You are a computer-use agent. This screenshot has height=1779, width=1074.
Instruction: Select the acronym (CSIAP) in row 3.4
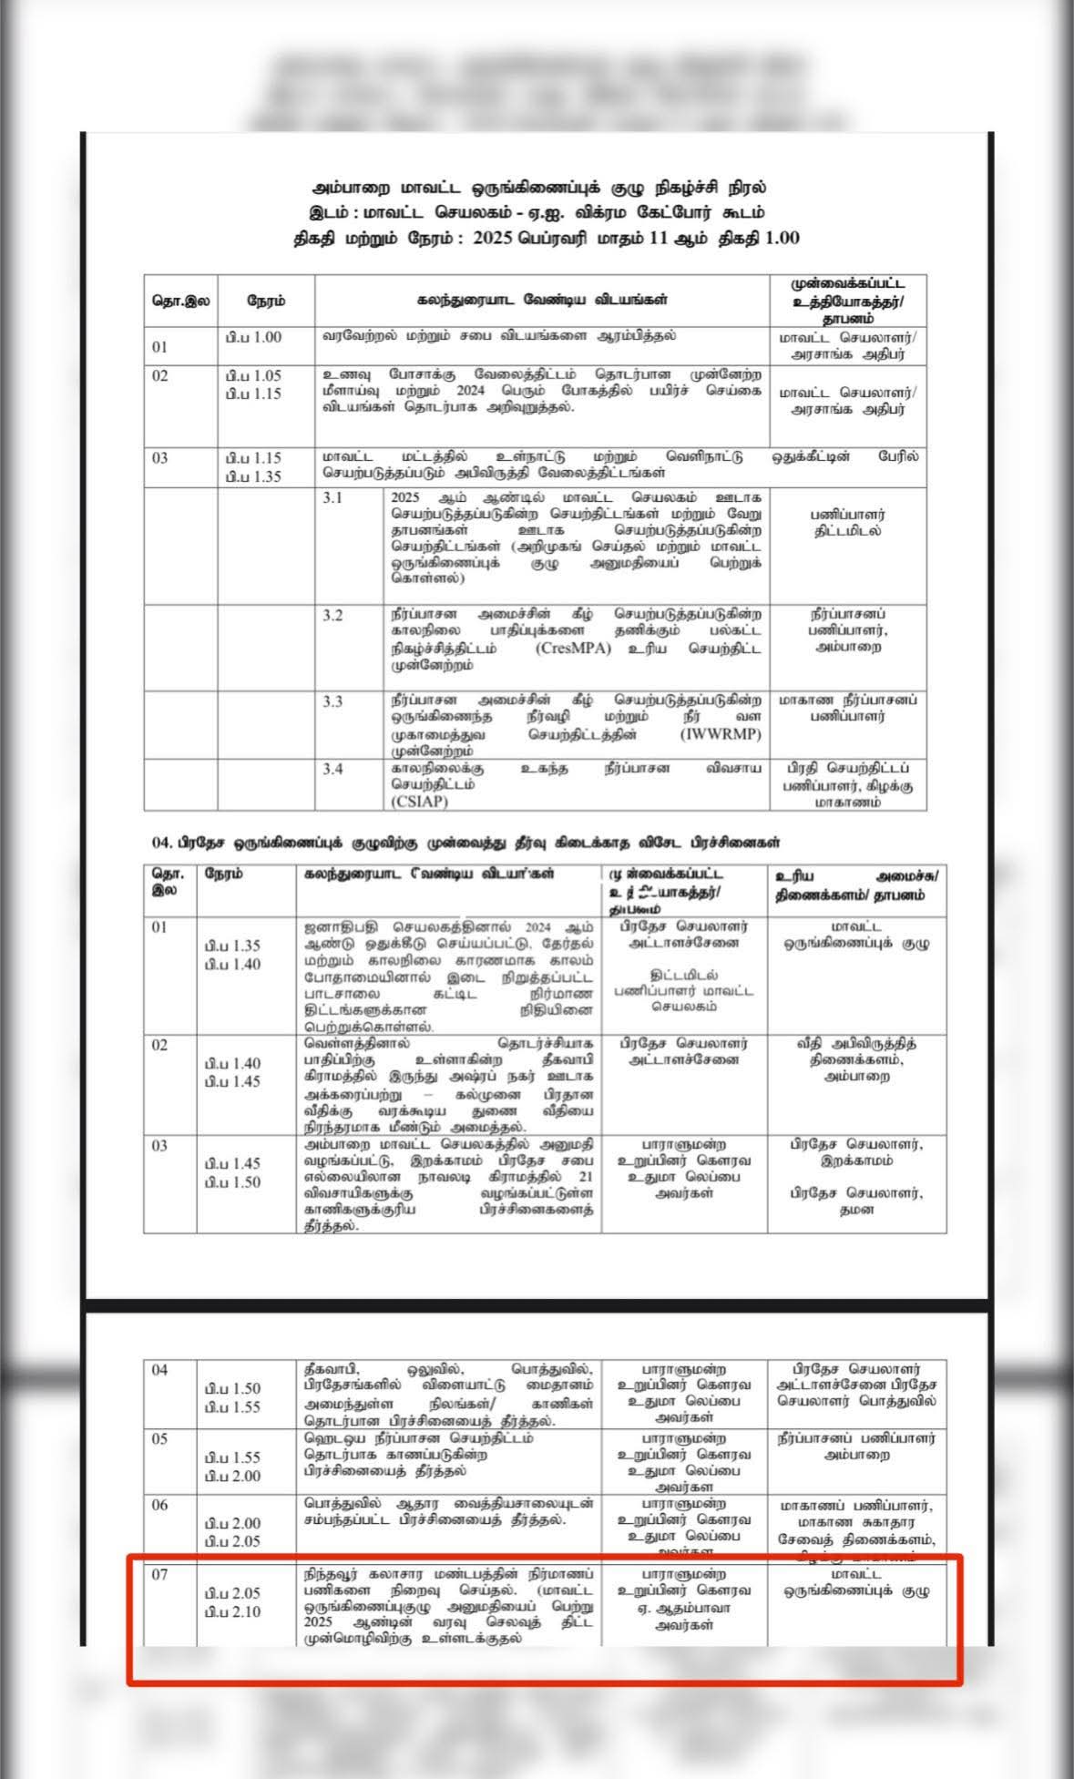coord(420,801)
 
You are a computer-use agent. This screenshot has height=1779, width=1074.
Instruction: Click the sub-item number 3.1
coord(332,498)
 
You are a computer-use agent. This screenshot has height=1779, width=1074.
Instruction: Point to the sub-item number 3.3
coord(332,700)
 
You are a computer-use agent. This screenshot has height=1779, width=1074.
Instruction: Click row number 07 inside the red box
coord(159,1573)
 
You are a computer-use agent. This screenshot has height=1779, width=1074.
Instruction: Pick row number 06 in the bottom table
coord(159,1504)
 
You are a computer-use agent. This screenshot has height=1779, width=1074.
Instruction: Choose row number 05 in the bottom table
coord(159,1438)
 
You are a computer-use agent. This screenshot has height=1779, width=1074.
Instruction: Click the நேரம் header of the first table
coord(266,300)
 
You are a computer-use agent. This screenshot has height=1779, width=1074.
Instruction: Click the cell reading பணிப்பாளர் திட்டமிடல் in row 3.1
coord(847,522)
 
